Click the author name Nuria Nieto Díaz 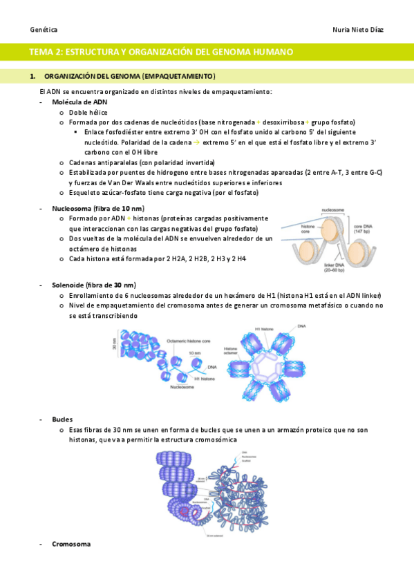pos(359,30)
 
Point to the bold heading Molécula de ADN pos(79,102)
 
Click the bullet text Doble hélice pos(88,112)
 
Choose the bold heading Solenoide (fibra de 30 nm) pos(93,285)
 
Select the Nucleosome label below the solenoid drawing pos(182,387)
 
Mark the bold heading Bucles pos(62,419)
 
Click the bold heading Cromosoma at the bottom pos(71,544)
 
